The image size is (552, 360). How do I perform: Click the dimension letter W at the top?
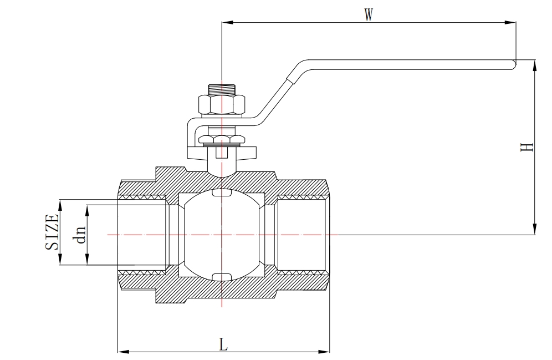click(x=368, y=15)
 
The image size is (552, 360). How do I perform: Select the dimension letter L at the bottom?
click(x=223, y=344)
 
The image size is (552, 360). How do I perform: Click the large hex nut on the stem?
click(x=221, y=105)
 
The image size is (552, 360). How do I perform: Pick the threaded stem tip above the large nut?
click(x=221, y=89)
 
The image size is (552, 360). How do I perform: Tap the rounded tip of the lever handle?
click(x=513, y=65)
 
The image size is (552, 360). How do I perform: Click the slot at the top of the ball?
click(x=221, y=193)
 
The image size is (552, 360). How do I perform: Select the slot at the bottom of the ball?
click(x=221, y=277)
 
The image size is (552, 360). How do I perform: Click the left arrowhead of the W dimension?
click(x=225, y=23)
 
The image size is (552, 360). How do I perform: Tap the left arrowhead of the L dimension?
click(x=122, y=351)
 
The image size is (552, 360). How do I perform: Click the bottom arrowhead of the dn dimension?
click(x=87, y=261)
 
